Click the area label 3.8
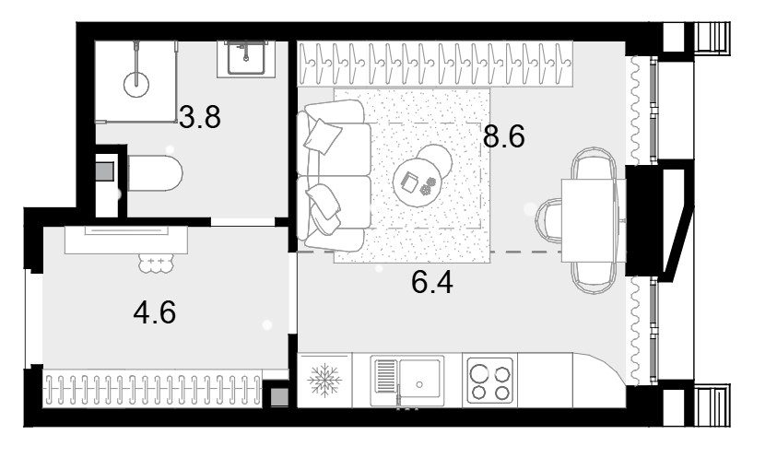(x=200, y=117)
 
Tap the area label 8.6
(x=503, y=136)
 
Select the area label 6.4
(x=432, y=283)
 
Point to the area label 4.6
(x=155, y=312)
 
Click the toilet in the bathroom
(x=155, y=173)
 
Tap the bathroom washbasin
(x=246, y=58)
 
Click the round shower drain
(x=136, y=84)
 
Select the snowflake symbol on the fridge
(x=324, y=381)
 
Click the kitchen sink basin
(x=419, y=382)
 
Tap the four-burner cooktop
(x=490, y=382)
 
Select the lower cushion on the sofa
(x=324, y=206)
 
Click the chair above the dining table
(x=594, y=164)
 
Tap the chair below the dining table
(x=594, y=277)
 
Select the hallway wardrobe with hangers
(x=153, y=389)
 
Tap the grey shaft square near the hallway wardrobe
(x=279, y=396)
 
